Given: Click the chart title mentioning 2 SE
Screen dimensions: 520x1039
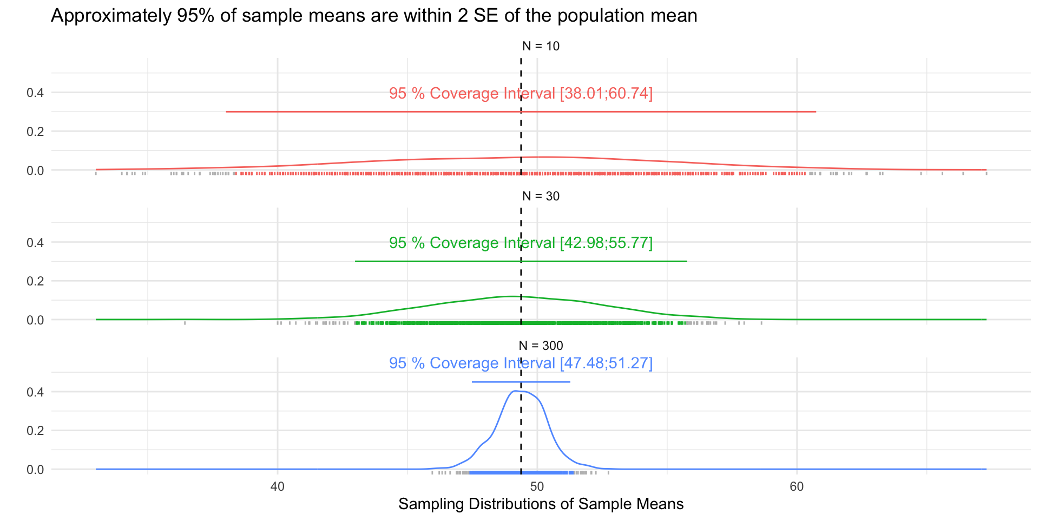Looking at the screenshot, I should tap(374, 16).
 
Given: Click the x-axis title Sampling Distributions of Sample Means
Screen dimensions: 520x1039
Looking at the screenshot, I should tap(541, 504).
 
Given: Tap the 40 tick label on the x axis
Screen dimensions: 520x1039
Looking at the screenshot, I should tap(277, 486).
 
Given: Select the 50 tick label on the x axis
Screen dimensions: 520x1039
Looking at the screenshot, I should tap(537, 486).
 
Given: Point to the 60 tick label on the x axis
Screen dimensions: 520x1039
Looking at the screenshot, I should tap(797, 486).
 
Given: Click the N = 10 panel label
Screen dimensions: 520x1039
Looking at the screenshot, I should tap(541, 46).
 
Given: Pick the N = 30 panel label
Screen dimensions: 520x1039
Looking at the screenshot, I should tap(541, 196).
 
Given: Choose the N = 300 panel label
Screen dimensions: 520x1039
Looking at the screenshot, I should tap(541, 346).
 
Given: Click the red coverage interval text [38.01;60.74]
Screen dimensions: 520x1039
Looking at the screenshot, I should tap(521, 93).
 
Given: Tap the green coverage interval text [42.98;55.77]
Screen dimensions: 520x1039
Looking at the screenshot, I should tap(521, 243).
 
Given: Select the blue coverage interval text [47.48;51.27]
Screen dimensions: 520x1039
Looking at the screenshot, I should tap(521, 363).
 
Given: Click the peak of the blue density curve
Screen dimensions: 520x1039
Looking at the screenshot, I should tap(515, 391).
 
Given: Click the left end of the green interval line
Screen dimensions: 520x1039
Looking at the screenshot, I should tap(356, 261).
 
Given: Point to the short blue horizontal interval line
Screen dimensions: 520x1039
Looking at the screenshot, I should tap(521, 382).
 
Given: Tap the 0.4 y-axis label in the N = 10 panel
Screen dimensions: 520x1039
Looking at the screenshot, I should tap(35, 93).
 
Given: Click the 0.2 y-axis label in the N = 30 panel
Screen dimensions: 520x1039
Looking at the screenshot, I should tap(35, 281).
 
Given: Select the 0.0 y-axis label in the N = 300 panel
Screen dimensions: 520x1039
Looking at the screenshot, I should tap(35, 470).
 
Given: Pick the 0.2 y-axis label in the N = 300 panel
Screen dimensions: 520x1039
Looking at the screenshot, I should tap(35, 431).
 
